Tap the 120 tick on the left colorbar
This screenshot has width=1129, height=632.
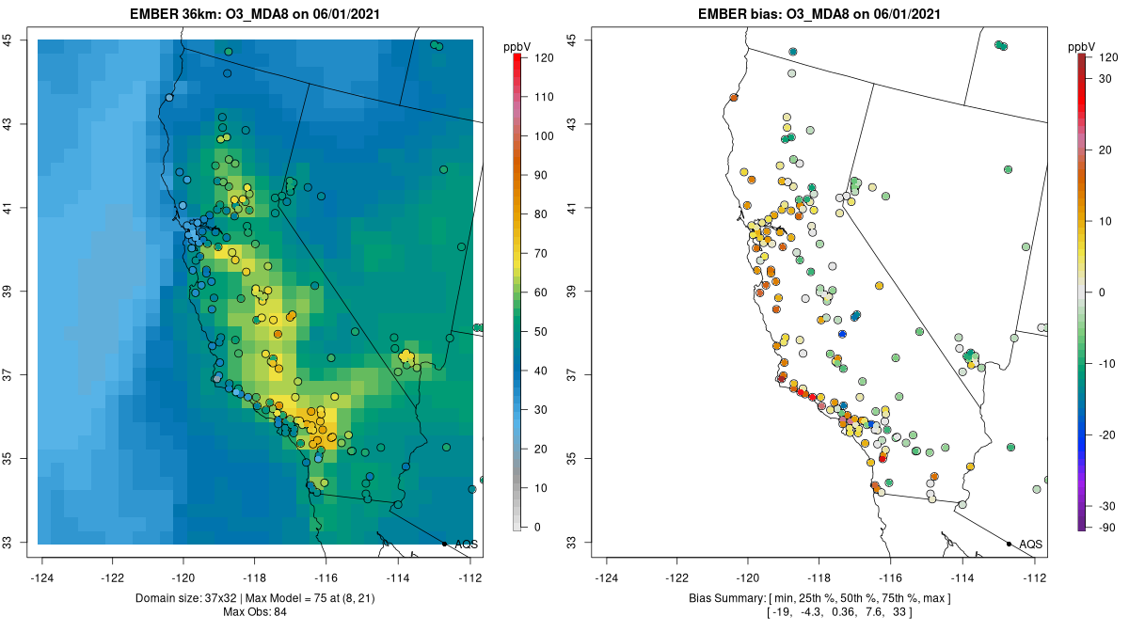(x=544, y=57)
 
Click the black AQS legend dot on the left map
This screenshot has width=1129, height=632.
(x=444, y=544)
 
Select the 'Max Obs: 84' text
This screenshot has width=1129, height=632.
(x=255, y=612)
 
